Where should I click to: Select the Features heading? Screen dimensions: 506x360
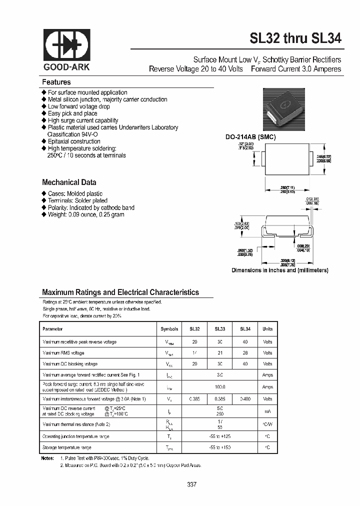[x=56, y=82]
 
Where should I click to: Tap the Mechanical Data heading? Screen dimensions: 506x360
[x=69, y=182]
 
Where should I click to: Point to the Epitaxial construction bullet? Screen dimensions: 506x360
[x=74, y=141]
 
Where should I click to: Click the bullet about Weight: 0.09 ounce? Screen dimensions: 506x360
[x=85, y=214]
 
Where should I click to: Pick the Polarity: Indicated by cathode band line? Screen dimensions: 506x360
[x=90, y=207]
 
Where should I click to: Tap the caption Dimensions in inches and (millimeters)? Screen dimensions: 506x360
[x=279, y=270]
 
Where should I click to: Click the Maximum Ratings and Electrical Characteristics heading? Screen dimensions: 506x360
[x=120, y=292]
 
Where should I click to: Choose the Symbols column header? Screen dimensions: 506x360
[x=169, y=329]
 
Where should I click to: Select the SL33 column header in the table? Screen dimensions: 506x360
[x=220, y=329]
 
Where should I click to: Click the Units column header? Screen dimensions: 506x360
[x=267, y=329]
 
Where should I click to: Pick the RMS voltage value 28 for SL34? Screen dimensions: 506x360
[x=244, y=353]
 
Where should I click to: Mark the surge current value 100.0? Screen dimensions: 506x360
[x=220, y=387]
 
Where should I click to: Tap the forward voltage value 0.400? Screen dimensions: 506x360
[x=244, y=399]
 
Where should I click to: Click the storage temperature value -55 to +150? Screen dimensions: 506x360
[x=220, y=447]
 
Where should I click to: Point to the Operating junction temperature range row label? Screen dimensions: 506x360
[x=75, y=436]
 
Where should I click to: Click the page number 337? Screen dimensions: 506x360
[x=191, y=484]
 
